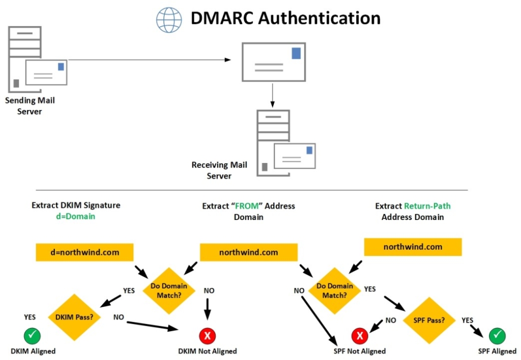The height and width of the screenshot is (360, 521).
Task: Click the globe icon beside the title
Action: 169,19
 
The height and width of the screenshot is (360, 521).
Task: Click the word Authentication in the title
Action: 319,18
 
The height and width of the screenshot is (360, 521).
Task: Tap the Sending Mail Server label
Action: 30,106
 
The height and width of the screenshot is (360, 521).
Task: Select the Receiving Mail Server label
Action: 219,171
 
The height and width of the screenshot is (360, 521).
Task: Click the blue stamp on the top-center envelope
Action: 296,53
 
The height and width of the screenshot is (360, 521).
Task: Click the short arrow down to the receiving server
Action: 273,95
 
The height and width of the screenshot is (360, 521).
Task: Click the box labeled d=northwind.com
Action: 84,252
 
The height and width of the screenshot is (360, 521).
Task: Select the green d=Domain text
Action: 76,216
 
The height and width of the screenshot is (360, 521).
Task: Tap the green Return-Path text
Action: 427,206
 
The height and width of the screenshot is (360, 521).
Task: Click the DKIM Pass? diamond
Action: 74,317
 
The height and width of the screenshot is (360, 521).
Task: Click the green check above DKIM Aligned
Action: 33,336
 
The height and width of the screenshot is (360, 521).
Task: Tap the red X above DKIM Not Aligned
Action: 207,336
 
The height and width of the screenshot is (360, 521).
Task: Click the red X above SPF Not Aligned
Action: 359,336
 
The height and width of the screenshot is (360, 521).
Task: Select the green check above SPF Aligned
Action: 497,336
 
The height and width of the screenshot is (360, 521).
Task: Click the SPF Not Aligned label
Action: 359,351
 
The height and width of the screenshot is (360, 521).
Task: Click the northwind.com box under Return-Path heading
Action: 413,247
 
